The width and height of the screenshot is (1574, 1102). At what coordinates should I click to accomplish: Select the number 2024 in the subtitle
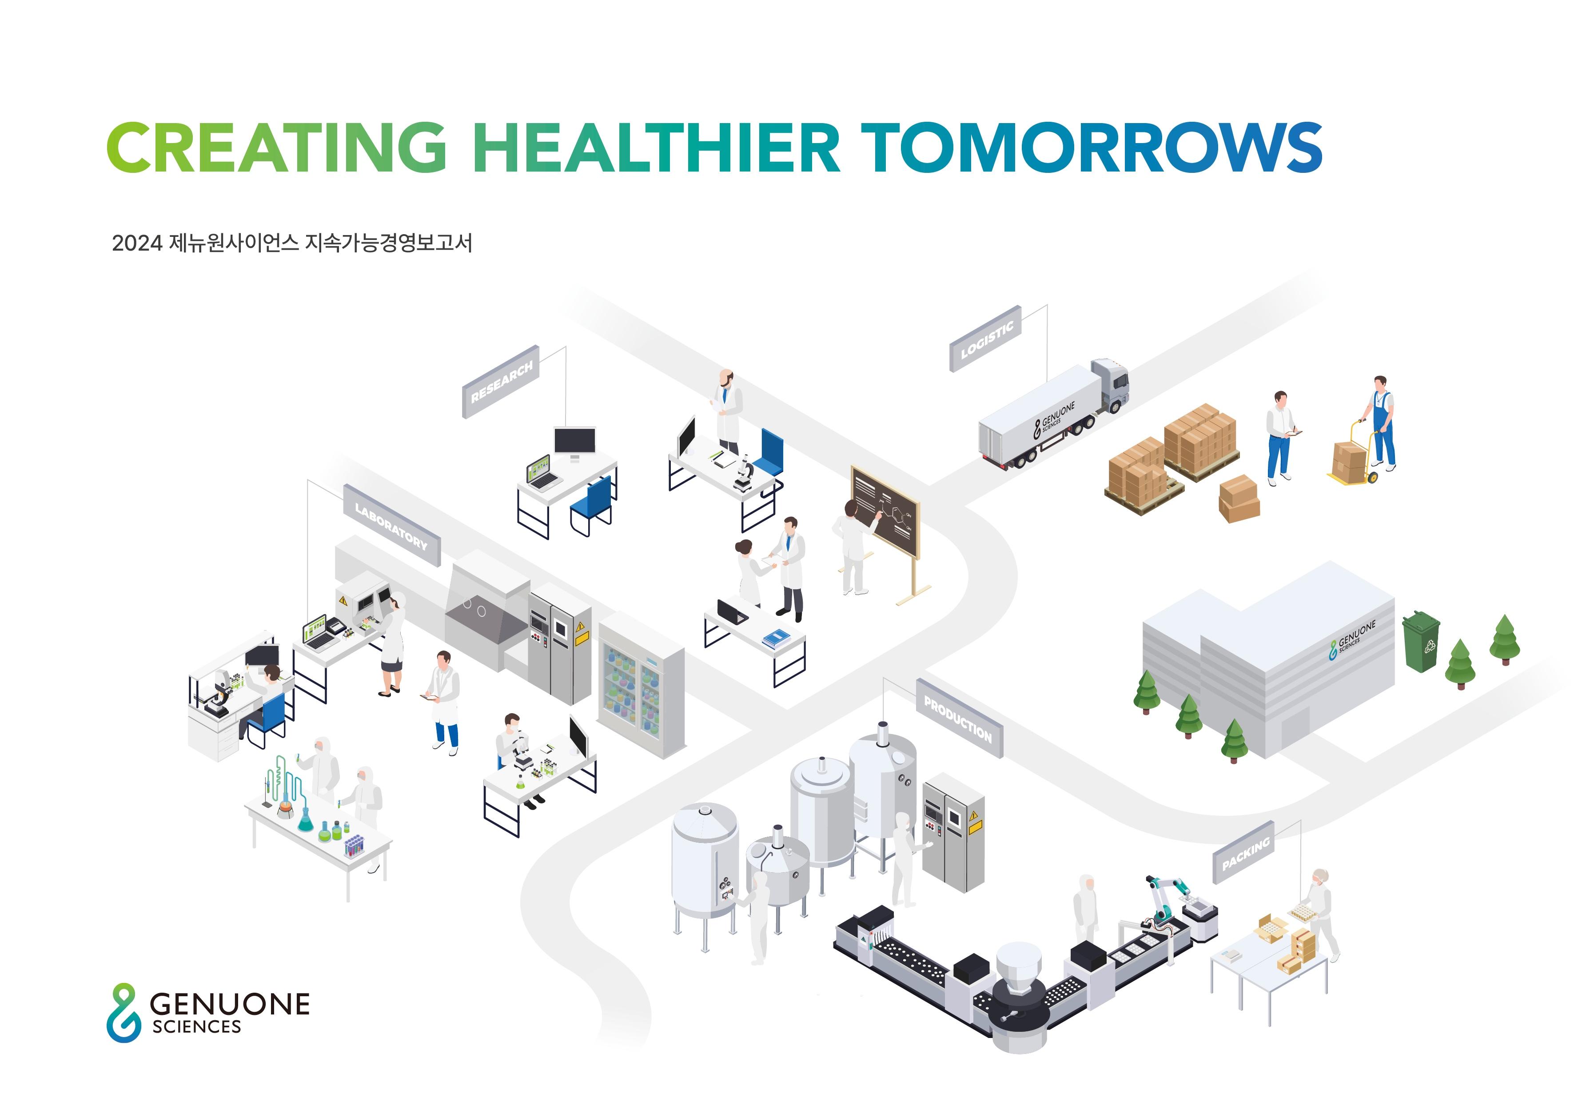(136, 244)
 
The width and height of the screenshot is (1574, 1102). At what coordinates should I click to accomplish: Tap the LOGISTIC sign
(986, 339)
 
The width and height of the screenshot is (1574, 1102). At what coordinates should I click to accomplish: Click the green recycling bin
(1421, 641)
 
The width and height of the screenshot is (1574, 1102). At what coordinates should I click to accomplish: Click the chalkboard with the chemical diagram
(885, 511)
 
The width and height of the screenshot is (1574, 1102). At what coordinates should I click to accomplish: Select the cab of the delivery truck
(1111, 386)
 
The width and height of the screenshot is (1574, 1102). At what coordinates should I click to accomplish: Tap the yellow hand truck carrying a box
(1355, 454)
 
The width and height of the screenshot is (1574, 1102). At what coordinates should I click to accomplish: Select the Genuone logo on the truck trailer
(1054, 419)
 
